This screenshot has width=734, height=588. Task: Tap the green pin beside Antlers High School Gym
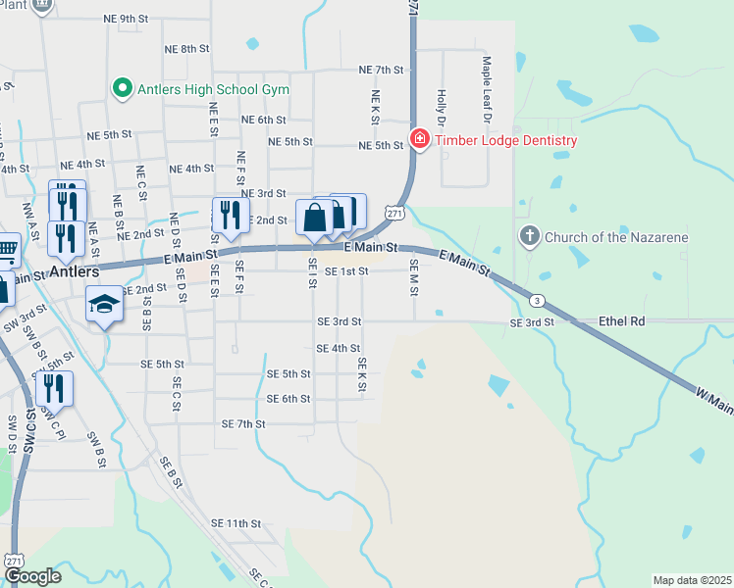pyautogui.click(x=123, y=89)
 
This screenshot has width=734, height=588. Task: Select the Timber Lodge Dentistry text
pyautogui.click(x=505, y=140)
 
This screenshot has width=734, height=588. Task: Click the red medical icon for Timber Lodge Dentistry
pyautogui.click(x=420, y=139)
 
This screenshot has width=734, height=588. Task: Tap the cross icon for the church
pyautogui.click(x=529, y=236)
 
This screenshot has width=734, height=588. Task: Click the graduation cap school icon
pyautogui.click(x=104, y=305)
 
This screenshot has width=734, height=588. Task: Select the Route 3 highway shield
pyautogui.click(x=537, y=299)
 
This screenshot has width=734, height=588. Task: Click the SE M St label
pyautogui.click(x=414, y=277)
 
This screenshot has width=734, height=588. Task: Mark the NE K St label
pyautogui.click(x=375, y=107)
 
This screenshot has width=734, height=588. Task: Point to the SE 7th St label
pyautogui.click(x=243, y=424)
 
